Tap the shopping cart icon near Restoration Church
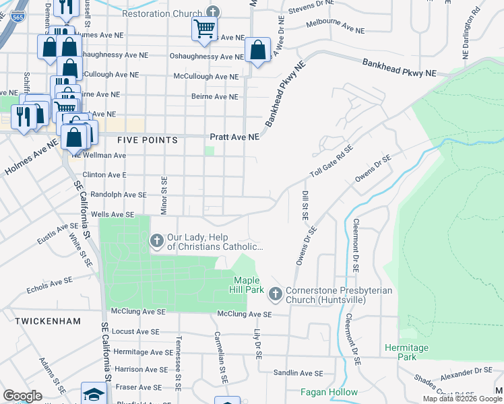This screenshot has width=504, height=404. coord(203,28)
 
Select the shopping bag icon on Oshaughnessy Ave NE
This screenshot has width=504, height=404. coord(258,49)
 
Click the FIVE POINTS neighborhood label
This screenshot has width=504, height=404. coord(148,140)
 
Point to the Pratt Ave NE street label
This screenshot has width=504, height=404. coord(234,137)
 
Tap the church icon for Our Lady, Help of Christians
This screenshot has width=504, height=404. coord(156,240)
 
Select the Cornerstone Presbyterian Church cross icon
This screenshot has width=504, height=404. coord(275,294)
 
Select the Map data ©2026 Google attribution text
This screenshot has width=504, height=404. coord(463,399)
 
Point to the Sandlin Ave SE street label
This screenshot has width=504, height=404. coord(298,373)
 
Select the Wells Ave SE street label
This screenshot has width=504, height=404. coord(113,214)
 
